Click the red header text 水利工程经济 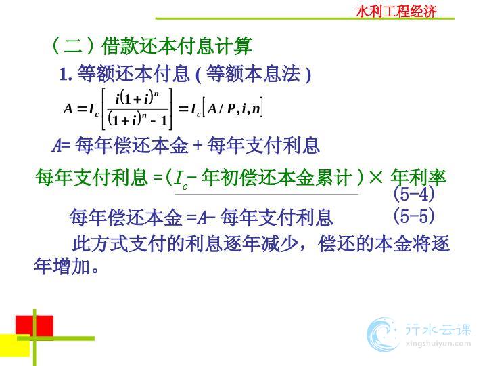click(x=396, y=12)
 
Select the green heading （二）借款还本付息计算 click(x=152, y=46)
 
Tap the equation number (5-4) click(x=414, y=194)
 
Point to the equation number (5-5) click(x=414, y=216)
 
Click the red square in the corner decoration click(x=34, y=326)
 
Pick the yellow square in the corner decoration click(x=15, y=345)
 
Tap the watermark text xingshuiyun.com click(x=438, y=344)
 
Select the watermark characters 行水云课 click(x=438, y=329)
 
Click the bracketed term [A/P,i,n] click(x=233, y=108)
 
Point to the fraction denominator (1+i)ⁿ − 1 click(x=137, y=119)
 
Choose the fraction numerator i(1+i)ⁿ click(x=137, y=98)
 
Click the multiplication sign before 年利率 click(x=376, y=178)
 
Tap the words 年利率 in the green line click(x=419, y=178)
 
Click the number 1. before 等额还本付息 click(x=66, y=75)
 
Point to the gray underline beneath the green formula click(x=266, y=195)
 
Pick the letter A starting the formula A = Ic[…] click(x=68, y=108)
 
